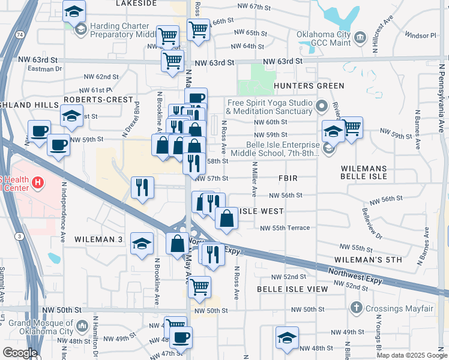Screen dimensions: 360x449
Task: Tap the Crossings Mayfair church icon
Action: pos(356,308)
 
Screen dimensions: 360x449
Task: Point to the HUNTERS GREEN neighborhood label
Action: pos(309,86)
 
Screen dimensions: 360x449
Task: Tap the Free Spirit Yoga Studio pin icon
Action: pos(322,107)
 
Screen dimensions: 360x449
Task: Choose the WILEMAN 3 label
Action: pos(98,239)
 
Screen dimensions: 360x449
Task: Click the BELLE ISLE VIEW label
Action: pos(292,289)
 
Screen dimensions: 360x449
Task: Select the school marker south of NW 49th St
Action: pos(287,338)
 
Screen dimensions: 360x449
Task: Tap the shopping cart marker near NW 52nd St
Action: pos(200,287)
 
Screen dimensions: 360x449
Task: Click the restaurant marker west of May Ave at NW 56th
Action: pos(142,188)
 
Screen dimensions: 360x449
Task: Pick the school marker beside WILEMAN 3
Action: pos(142,244)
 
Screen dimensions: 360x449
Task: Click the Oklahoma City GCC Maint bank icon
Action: pos(360,38)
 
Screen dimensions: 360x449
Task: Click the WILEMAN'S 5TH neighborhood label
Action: pos(368,260)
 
